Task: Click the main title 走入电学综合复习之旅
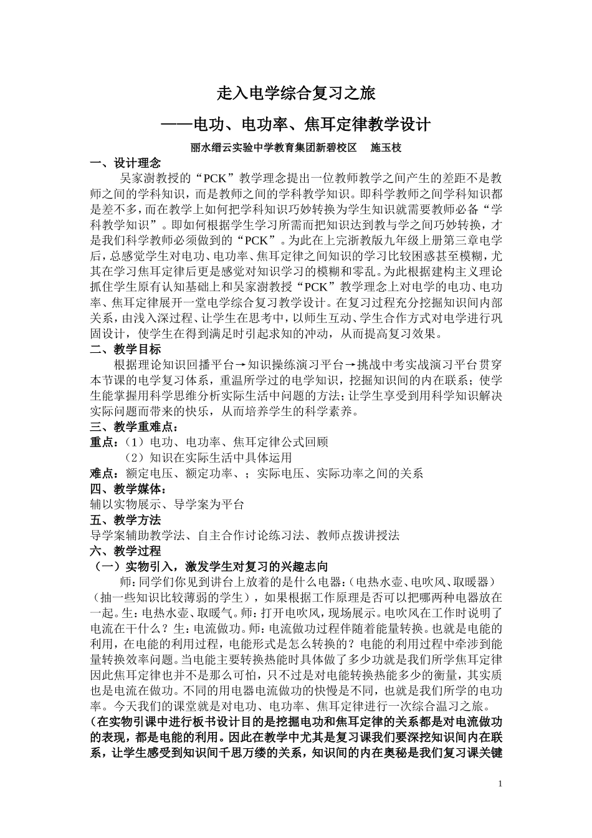[x=296, y=94]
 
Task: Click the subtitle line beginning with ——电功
[x=296, y=124]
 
